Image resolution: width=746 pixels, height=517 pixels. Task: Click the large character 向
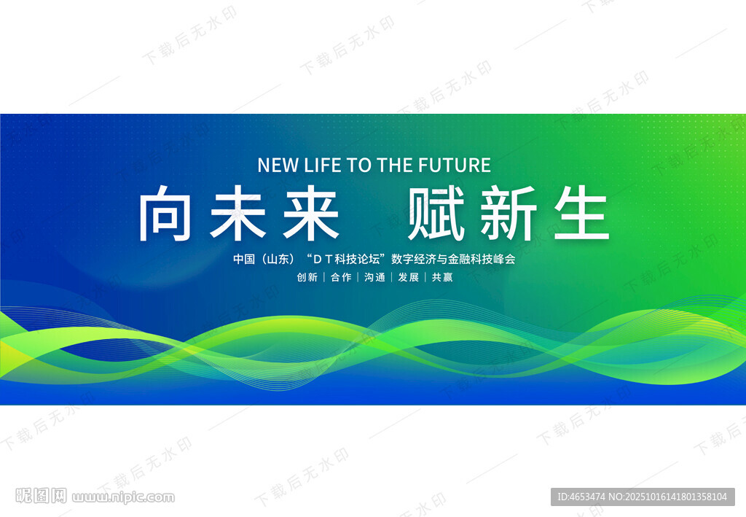click(165, 213)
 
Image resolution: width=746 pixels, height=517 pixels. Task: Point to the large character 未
click(238, 213)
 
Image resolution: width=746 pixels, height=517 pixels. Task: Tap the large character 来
click(311, 213)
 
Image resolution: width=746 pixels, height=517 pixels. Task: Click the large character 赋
click(436, 213)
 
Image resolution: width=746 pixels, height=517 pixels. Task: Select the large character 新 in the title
click(509, 213)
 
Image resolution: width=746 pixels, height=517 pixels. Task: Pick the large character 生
click(581, 213)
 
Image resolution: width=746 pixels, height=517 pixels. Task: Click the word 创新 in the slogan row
click(307, 277)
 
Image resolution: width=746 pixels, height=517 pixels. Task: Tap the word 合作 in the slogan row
click(341, 277)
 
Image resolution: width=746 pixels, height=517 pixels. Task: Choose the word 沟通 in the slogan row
click(374, 277)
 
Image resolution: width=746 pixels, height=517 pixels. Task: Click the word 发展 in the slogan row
click(408, 277)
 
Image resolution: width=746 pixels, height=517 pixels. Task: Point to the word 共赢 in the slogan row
click(442, 277)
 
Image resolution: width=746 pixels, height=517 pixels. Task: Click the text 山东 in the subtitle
click(278, 259)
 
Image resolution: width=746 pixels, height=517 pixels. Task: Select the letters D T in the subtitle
click(322, 260)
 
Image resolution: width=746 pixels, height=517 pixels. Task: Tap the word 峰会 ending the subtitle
click(504, 259)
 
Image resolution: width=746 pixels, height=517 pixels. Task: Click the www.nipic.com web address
click(123, 497)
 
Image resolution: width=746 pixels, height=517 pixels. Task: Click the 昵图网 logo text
click(41, 496)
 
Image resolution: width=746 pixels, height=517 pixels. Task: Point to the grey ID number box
click(643, 497)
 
